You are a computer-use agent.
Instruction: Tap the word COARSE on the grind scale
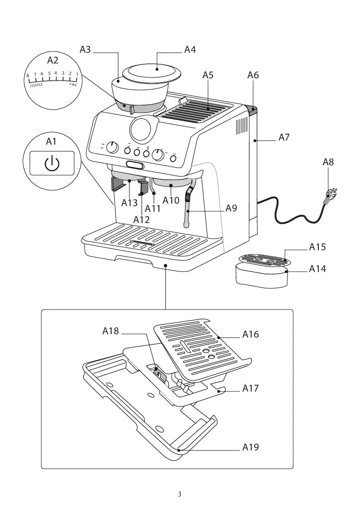coord(36,85)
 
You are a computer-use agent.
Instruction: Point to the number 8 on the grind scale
coord(28,76)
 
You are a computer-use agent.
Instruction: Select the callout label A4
coord(190,50)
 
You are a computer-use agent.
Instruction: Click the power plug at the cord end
coord(332,194)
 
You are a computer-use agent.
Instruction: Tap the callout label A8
coord(328,162)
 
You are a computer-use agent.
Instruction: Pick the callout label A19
coord(250,447)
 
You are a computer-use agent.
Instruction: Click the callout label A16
coord(250,335)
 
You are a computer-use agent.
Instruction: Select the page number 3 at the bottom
coord(180,494)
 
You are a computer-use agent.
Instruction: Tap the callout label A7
coord(284,138)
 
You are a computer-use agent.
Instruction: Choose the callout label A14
coord(317,269)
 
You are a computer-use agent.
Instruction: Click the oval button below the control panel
coord(135,165)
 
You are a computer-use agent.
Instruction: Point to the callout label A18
coord(110,331)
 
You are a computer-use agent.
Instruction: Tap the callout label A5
coord(208,75)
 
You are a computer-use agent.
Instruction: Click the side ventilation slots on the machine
coord(241,127)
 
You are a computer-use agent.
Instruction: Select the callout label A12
coord(141,219)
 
